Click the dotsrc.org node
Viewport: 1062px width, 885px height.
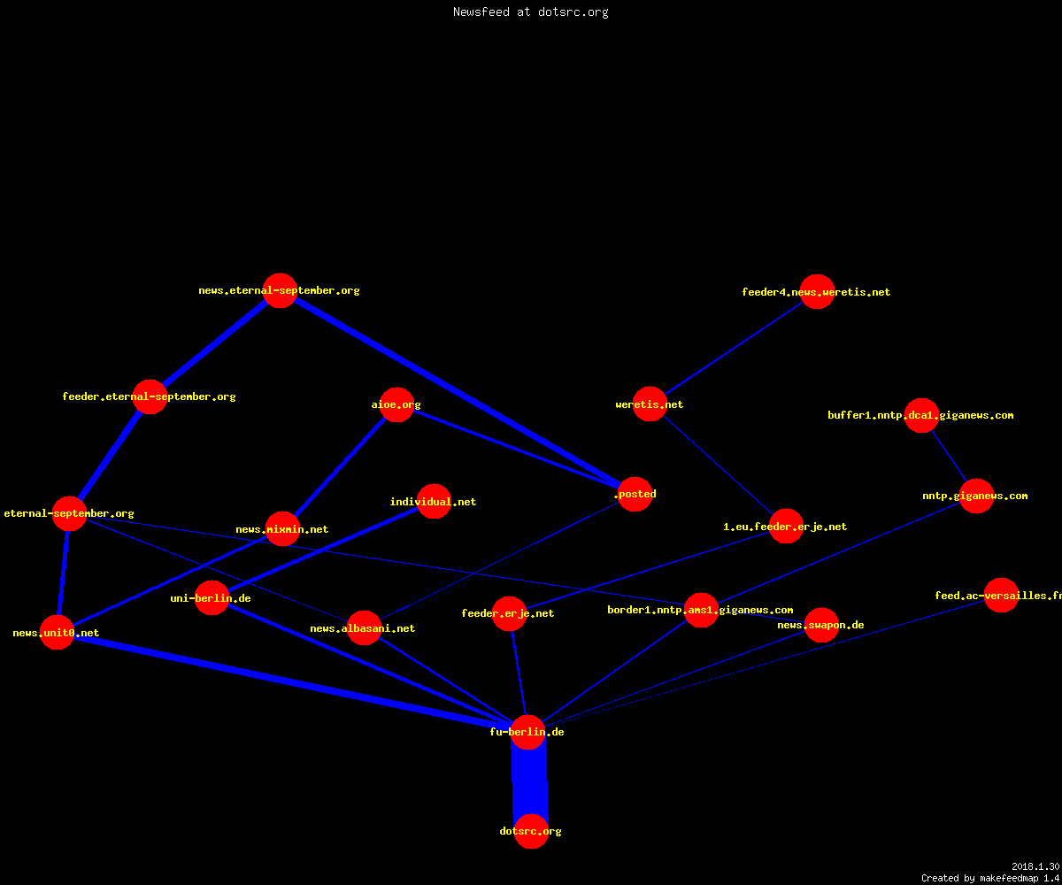[x=531, y=831]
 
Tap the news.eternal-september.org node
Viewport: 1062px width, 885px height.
[x=281, y=290]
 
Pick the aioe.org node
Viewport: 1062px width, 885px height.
[x=396, y=404]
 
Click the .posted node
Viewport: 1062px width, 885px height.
[x=635, y=494]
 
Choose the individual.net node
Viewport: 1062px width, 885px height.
[x=434, y=502]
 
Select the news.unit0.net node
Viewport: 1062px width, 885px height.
[x=57, y=633]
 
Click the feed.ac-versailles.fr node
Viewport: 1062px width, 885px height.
[x=1001, y=595]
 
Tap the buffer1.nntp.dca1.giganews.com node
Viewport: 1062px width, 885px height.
[x=921, y=416]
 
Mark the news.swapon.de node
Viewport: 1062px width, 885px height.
[x=821, y=625]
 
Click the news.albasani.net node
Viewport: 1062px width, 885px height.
[x=364, y=628]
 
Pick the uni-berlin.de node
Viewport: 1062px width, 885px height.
[x=212, y=598]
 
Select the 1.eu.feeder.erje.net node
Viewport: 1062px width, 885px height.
[x=786, y=527]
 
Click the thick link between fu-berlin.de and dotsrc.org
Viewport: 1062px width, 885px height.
[x=529, y=781]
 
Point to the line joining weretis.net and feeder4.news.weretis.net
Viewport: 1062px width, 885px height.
[x=734, y=349]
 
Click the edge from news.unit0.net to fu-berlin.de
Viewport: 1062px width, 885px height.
[x=292, y=682]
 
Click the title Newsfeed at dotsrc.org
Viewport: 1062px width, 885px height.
[x=530, y=12]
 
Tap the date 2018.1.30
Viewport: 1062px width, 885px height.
[x=1035, y=866]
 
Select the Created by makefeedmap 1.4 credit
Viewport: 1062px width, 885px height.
[x=990, y=879]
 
